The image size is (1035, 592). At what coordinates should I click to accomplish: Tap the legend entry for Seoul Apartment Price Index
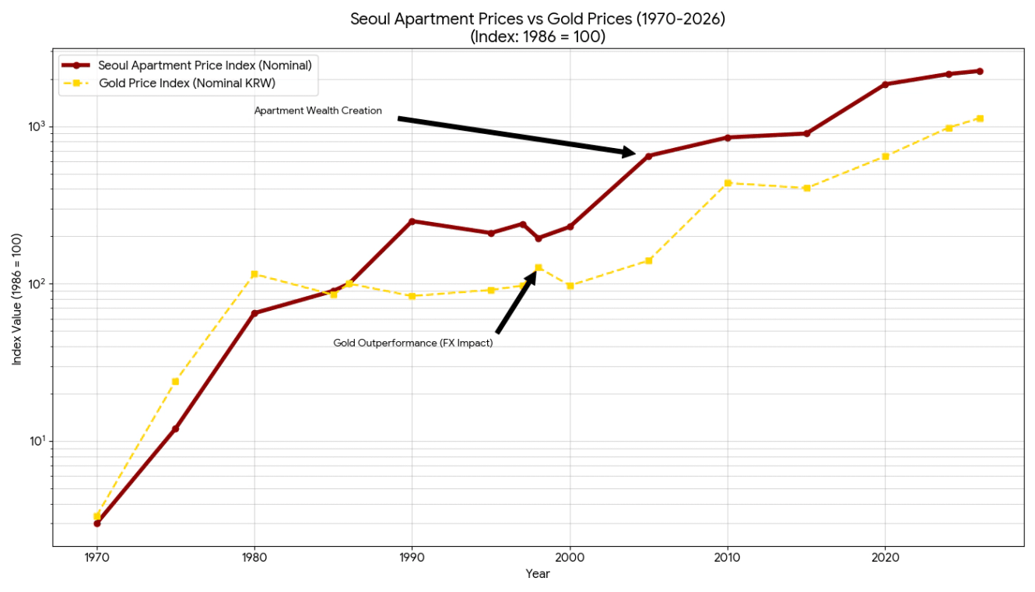[x=205, y=65]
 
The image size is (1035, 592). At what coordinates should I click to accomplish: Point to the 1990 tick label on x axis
[x=412, y=558]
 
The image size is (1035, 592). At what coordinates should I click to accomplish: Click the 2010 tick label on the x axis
[x=727, y=558]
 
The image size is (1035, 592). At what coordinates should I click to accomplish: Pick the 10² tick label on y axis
[x=37, y=284]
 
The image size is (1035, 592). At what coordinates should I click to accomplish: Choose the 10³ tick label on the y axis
[x=37, y=126]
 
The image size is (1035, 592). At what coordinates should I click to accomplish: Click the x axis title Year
[x=537, y=574]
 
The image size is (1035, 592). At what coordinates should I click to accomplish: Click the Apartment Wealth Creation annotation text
[x=318, y=111]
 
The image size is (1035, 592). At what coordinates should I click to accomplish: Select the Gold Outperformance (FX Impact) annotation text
[x=413, y=343]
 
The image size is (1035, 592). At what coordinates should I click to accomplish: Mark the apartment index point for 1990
[x=412, y=221]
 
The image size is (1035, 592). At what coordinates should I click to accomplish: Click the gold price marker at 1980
[x=254, y=274]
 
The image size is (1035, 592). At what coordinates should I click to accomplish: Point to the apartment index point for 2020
[x=885, y=84]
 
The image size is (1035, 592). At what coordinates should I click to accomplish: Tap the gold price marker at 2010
[x=728, y=183]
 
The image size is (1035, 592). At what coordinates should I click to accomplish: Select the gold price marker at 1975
[x=175, y=381]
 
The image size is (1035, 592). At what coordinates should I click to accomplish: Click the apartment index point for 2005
[x=648, y=156]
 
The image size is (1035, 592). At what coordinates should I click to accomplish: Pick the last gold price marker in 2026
[x=980, y=118]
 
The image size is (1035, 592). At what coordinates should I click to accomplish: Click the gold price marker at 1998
[x=539, y=267]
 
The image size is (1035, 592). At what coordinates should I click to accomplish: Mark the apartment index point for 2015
[x=807, y=133]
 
